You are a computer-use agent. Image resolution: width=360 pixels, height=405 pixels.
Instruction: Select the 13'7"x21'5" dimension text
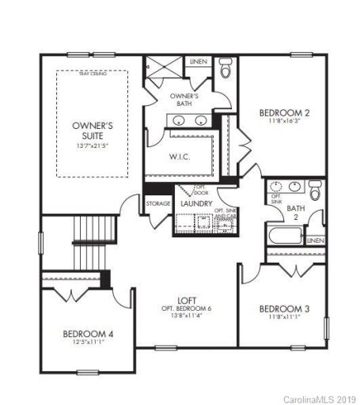93,146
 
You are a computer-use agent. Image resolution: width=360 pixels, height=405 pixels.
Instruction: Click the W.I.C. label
178,156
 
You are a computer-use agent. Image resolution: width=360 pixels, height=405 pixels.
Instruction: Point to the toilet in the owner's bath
224,70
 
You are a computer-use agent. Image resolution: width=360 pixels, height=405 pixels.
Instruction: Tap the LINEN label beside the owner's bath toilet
198,61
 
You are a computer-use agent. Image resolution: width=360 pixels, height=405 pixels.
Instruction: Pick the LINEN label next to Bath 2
316,240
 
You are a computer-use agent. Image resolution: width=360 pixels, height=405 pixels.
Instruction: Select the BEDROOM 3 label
284,308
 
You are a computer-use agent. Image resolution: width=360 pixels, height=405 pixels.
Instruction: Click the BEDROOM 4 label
88,334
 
